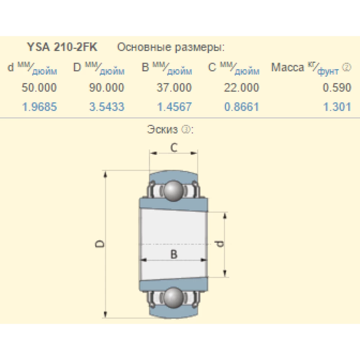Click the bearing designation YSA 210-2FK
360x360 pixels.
62,48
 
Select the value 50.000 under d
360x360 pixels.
39,87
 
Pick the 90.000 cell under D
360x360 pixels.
107,87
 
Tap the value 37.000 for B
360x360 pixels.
174,87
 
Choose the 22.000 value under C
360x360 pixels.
242,87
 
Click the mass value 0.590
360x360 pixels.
337,87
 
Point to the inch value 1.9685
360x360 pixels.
40,107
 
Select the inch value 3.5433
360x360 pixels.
107,107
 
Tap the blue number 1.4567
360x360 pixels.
174,107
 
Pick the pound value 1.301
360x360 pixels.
337,107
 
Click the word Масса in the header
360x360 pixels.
288,67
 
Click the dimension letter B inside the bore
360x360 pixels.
174,254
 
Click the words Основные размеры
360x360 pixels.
171,48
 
